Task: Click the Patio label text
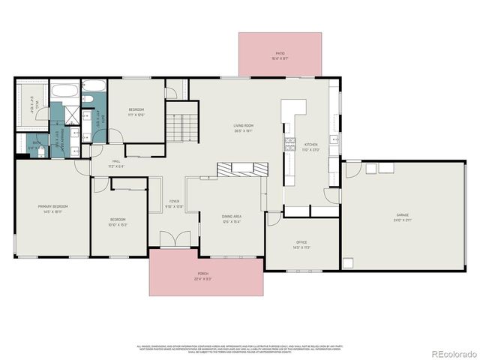280,55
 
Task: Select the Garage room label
404,217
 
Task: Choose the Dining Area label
231,218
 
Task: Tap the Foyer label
174,203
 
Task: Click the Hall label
116,163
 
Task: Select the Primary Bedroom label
53,208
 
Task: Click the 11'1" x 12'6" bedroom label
136,112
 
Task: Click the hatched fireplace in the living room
242,169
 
